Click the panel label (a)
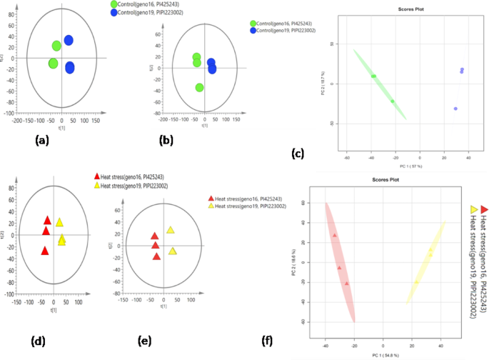(x=44, y=141)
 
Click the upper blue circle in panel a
(x=69, y=41)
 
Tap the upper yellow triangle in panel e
(x=171, y=230)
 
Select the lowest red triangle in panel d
(x=44, y=251)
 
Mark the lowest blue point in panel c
(x=455, y=109)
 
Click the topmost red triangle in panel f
(x=334, y=235)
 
